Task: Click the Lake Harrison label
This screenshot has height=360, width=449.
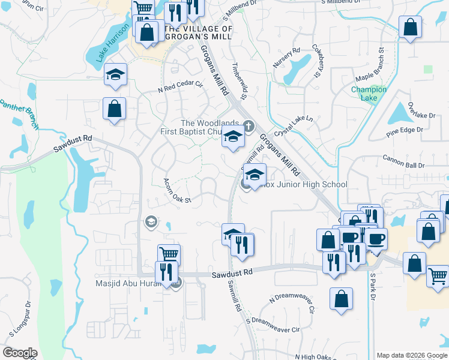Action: pyautogui.click(x=109, y=43)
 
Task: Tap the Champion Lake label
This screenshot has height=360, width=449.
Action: pyautogui.click(x=369, y=94)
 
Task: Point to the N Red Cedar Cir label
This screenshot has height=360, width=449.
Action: pyautogui.click(x=181, y=88)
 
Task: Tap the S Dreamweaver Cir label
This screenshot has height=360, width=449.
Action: pyautogui.click(x=272, y=325)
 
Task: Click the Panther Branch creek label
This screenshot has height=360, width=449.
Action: pyautogui.click(x=19, y=113)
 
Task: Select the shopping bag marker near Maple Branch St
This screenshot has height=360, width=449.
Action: pyautogui.click(x=410, y=27)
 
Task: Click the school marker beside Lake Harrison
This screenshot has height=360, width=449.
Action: pyautogui.click(x=115, y=74)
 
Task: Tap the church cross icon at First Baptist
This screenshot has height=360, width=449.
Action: pyautogui.click(x=249, y=126)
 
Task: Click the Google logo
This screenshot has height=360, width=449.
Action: pyautogui.click(x=20, y=353)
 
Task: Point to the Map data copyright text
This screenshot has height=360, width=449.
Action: pyautogui.click(x=411, y=355)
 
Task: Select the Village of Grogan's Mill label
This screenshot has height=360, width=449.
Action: pyautogui.click(x=198, y=33)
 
